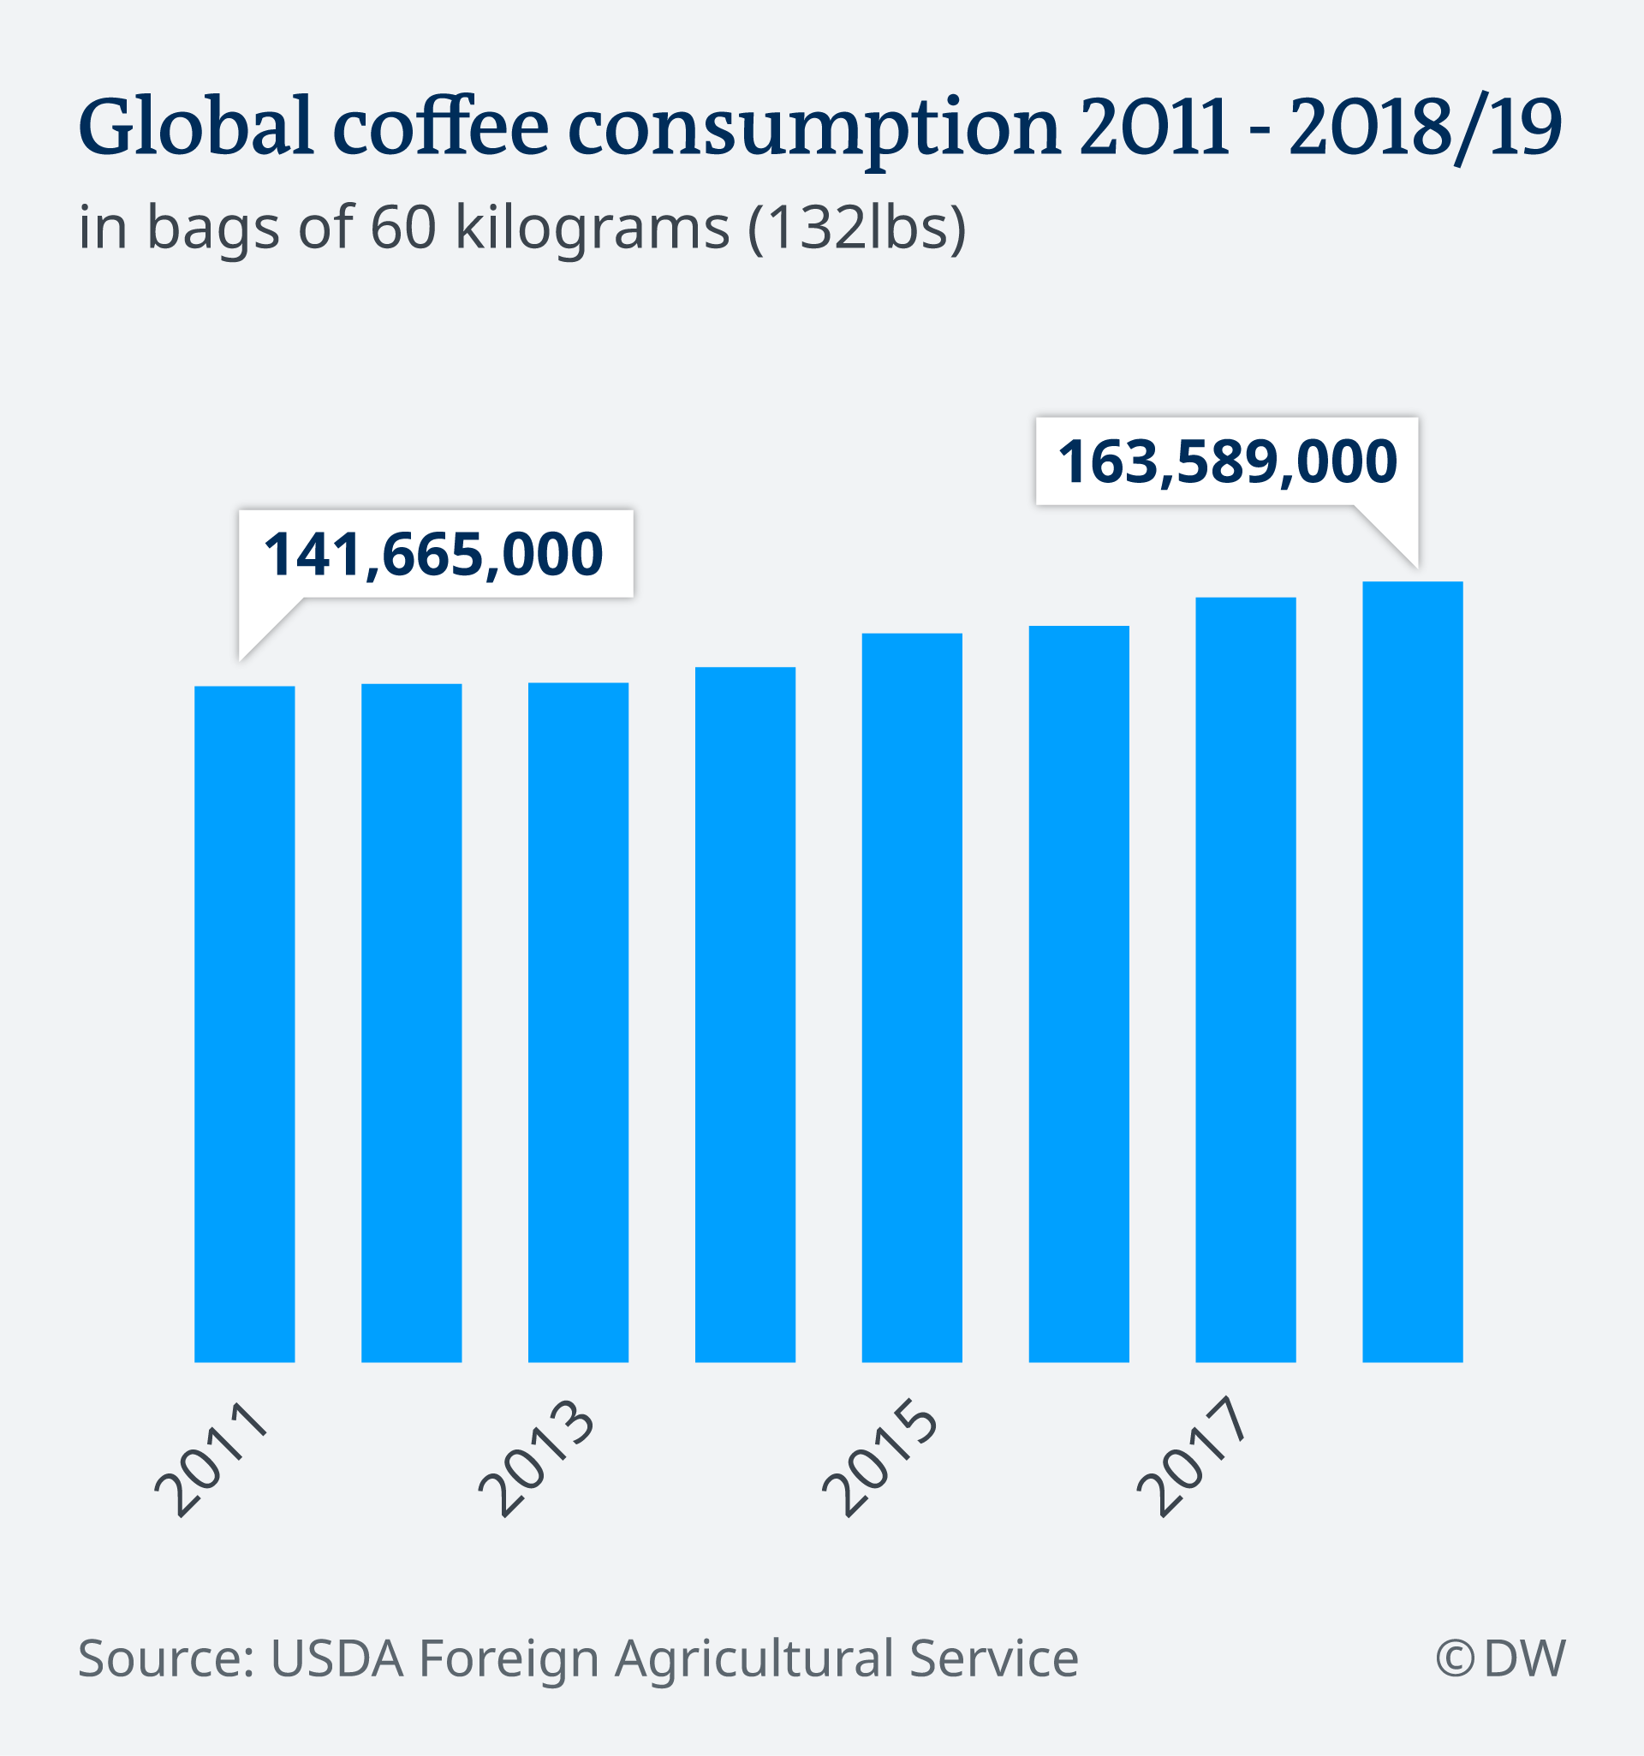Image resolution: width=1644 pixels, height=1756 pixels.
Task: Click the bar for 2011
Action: point(245,1025)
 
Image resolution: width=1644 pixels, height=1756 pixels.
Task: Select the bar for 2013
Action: point(578,1023)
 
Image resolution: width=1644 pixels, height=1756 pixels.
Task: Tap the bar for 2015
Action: point(912,998)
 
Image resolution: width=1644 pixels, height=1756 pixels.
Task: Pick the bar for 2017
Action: point(1246,980)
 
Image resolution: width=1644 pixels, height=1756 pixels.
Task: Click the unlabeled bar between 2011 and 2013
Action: point(412,1023)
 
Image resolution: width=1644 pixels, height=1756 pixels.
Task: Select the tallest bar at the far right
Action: point(1413,972)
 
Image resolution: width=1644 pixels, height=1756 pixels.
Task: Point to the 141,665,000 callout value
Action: point(434,555)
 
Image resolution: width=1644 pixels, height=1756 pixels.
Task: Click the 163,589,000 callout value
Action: point(1227,462)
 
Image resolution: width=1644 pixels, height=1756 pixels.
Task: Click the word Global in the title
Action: point(196,127)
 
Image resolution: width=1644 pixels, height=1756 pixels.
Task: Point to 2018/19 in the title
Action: point(1425,127)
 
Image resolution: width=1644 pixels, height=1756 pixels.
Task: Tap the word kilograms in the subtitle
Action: point(592,228)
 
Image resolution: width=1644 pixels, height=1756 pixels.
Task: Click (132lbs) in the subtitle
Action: point(857,228)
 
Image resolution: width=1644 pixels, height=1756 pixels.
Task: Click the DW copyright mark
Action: point(1500,1658)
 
